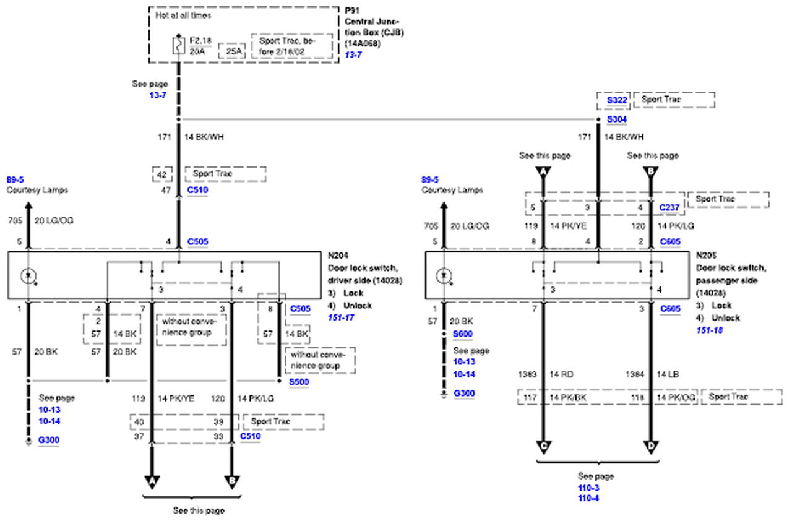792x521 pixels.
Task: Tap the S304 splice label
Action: pyautogui.click(x=617, y=119)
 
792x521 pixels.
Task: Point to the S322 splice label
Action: pyautogui.click(x=617, y=100)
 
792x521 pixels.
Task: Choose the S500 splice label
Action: pyautogui.click(x=299, y=382)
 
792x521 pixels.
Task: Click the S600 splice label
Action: pyautogui.click(x=462, y=334)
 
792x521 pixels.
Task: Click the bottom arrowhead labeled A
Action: pyautogui.click(x=152, y=481)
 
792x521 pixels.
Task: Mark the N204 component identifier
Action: pyautogui.click(x=338, y=254)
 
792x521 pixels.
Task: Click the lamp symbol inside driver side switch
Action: pyautogui.click(x=27, y=275)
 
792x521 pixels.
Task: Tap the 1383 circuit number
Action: pyautogui.click(x=527, y=375)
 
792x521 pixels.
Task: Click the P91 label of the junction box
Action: pyautogui.click(x=351, y=11)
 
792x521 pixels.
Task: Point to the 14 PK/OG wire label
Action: pyautogui.click(x=677, y=396)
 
